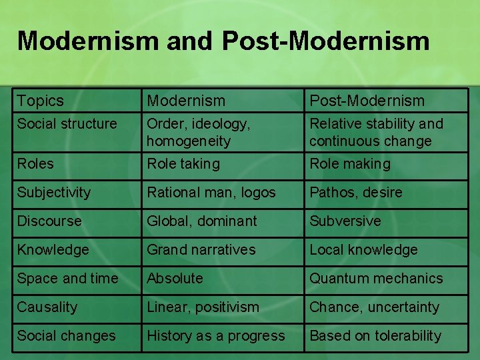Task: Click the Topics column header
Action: (x=41, y=101)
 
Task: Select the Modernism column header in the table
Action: (x=186, y=101)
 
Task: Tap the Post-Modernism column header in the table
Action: (x=367, y=101)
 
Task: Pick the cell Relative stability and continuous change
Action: (x=376, y=132)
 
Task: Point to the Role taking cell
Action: (x=183, y=163)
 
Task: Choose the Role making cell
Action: (x=350, y=163)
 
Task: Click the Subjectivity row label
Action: (x=54, y=192)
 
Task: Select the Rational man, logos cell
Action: (x=211, y=192)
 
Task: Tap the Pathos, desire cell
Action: (x=356, y=192)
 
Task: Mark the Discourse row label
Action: (x=49, y=221)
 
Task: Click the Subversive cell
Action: (x=345, y=221)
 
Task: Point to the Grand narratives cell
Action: (x=201, y=249)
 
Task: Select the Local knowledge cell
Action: (x=363, y=249)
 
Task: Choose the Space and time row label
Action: (x=67, y=278)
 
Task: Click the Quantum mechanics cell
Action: (x=376, y=278)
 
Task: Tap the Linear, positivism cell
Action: (x=203, y=307)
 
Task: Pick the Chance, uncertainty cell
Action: (x=375, y=307)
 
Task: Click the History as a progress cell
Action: (x=216, y=335)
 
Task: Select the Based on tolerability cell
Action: (x=375, y=335)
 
